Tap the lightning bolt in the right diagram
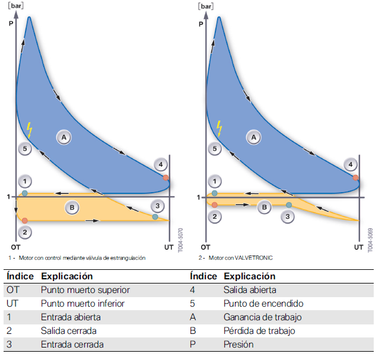click(x=219, y=128)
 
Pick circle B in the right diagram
click(x=265, y=207)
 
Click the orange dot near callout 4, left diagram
click(x=166, y=177)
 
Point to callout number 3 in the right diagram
click(x=288, y=217)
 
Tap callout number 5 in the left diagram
click(x=24, y=149)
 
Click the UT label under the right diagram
click(x=359, y=247)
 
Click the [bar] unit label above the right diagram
click(x=205, y=7)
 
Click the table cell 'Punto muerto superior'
click(x=85, y=290)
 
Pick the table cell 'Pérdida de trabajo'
click(x=259, y=330)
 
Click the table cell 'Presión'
click(x=238, y=344)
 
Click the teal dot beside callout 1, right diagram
click(x=215, y=193)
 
